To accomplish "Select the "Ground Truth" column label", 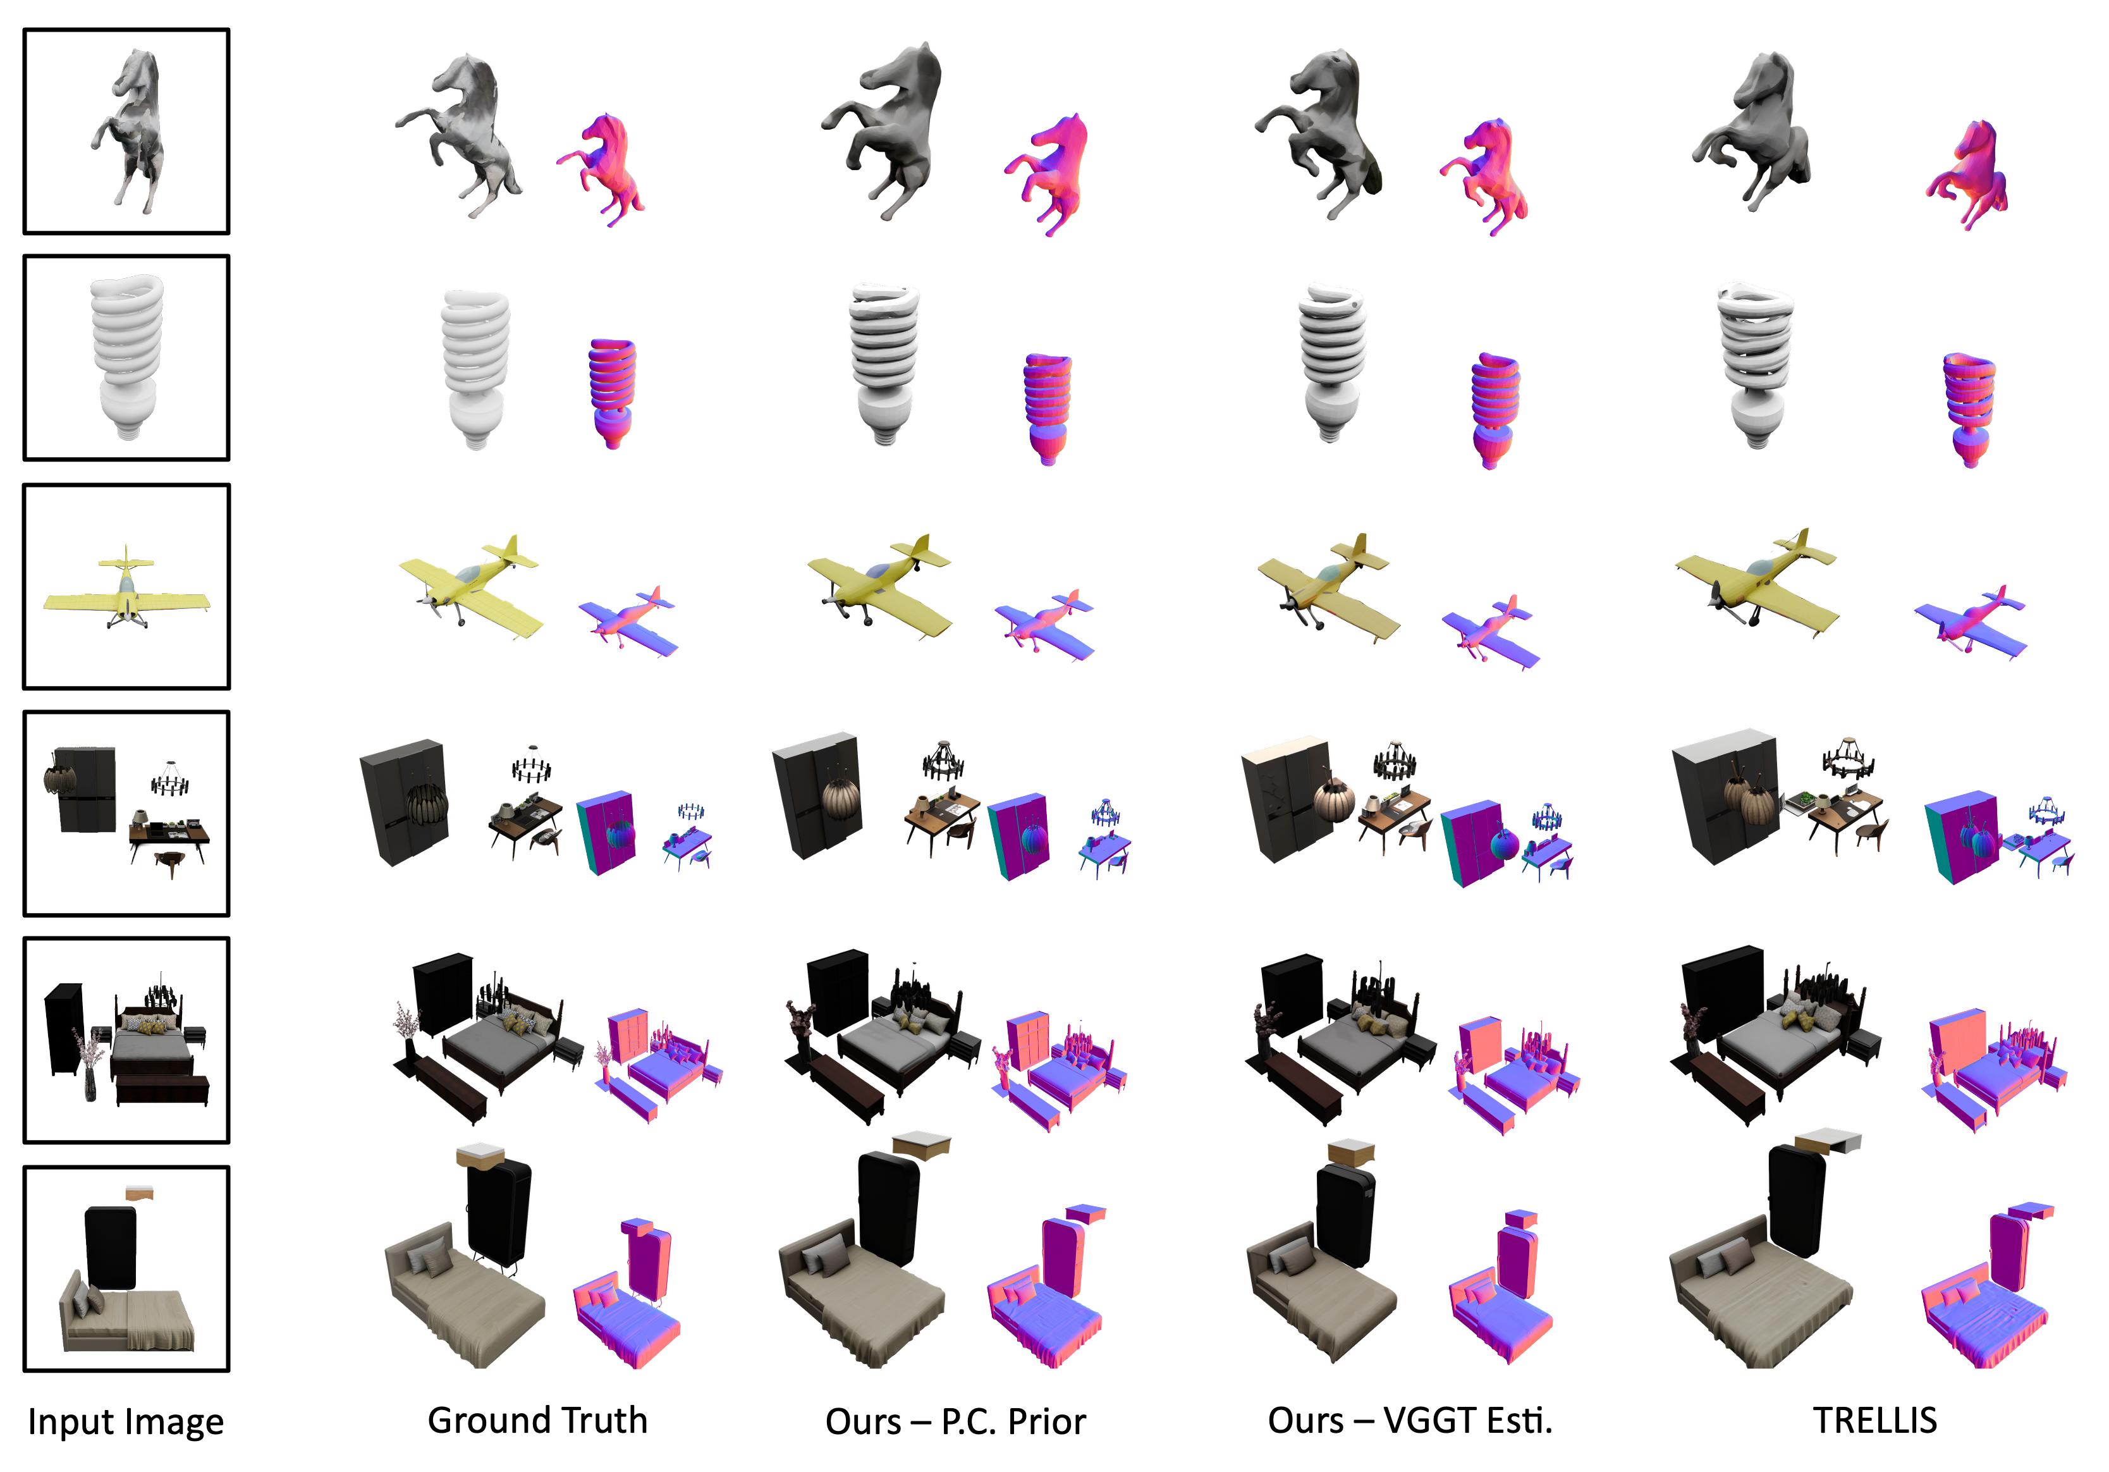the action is coord(537,1421).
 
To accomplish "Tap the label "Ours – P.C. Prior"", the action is coord(955,1421).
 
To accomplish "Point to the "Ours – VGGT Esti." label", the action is coord(1410,1421).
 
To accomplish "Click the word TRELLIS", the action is coord(1874,1421).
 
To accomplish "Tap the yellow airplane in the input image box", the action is coord(127,592).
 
